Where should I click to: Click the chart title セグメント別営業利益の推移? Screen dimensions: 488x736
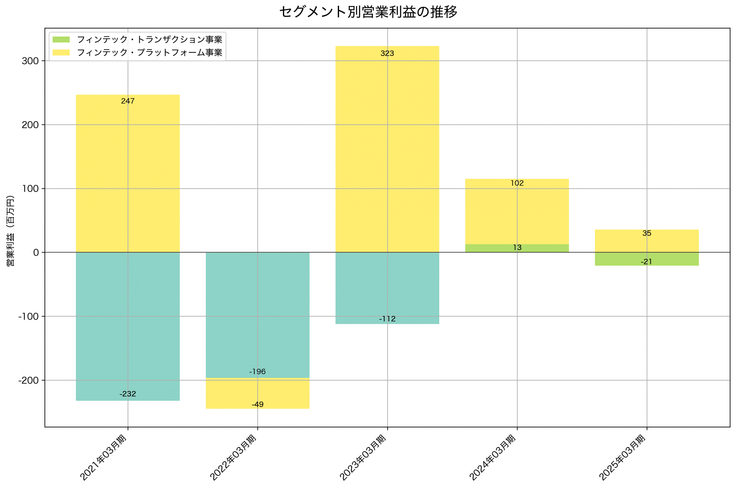(x=368, y=12)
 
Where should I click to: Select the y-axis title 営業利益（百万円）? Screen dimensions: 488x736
(x=10, y=231)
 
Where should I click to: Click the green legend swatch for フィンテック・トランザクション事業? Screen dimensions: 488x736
(x=61, y=39)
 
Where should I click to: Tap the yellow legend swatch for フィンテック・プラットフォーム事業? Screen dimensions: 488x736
(x=61, y=53)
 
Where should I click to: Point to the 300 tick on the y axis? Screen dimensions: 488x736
(x=30, y=61)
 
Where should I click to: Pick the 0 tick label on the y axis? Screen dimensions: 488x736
(x=36, y=253)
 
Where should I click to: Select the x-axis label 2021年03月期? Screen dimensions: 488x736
(x=103, y=458)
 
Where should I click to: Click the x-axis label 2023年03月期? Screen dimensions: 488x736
(x=363, y=458)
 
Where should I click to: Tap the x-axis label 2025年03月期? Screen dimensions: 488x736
(x=622, y=458)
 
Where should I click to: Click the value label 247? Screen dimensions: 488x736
(x=128, y=101)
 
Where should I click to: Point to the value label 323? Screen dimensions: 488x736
(x=387, y=53)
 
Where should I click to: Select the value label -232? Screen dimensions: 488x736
(x=128, y=394)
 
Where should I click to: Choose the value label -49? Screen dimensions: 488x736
(x=258, y=405)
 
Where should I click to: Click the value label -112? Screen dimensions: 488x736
(x=387, y=319)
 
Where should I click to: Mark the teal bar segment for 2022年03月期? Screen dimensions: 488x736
(x=258, y=311)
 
